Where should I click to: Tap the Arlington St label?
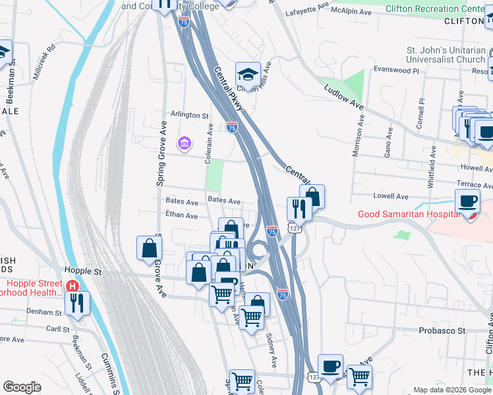click(x=190, y=115)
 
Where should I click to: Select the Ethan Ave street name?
click(x=181, y=215)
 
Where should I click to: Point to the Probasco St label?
click(x=442, y=330)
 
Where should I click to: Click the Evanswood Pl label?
click(x=396, y=69)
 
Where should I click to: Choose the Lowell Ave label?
click(x=391, y=196)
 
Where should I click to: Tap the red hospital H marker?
click(x=73, y=286)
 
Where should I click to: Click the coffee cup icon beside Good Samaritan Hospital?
click(x=467, y=201)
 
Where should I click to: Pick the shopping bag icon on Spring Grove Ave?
click(x=150, y=248)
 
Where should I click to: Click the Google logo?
click(x=22, y=387)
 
